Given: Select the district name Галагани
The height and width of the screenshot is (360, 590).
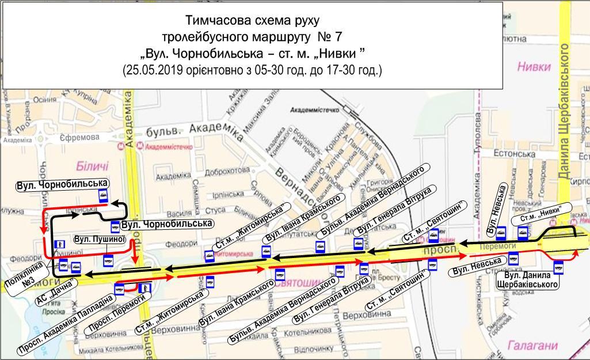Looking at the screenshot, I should point(532,346).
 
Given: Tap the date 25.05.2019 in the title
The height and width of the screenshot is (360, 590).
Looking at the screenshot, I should point(151,71).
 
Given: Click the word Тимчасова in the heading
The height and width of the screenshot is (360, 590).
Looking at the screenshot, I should point(214,20).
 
